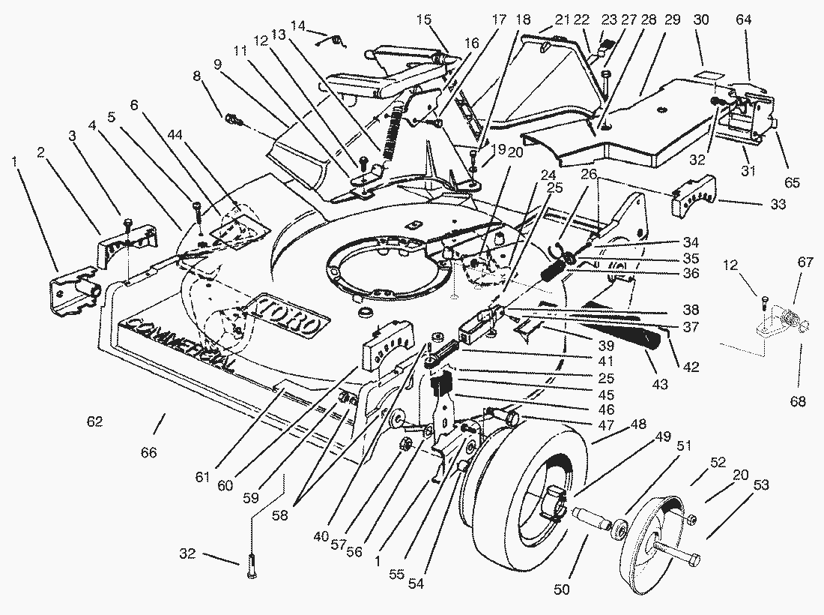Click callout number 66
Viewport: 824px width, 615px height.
pos(149,452)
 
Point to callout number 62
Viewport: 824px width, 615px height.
pos(94,421)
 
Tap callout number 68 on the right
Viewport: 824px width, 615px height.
pos(798,401)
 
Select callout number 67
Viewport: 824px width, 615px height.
pos(805,262)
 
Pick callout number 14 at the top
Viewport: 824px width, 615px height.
pos(297,25)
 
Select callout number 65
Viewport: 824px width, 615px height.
pos(793,182)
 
